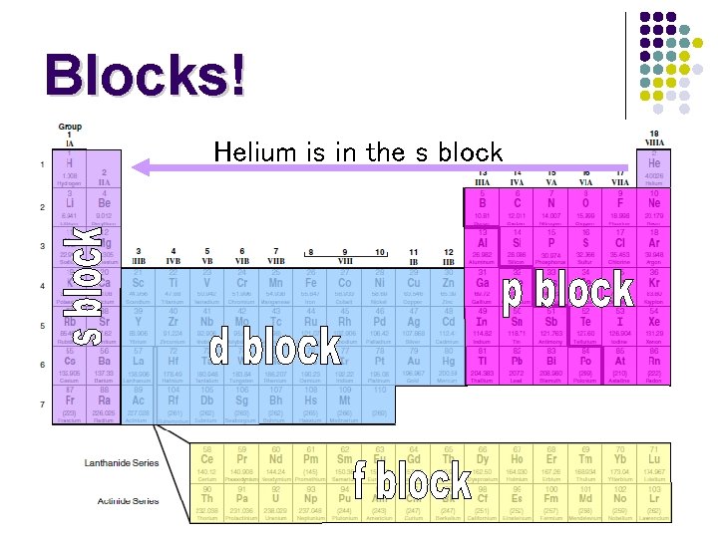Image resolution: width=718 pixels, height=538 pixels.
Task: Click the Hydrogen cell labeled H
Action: [70, 170]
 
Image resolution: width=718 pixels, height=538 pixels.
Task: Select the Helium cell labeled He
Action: [654, 169]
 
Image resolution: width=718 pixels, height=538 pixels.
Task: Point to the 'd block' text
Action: [275, 347]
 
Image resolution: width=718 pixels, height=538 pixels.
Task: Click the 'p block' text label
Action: [567, 290]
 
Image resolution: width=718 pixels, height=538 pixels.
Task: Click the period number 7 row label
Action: [42, 403]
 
